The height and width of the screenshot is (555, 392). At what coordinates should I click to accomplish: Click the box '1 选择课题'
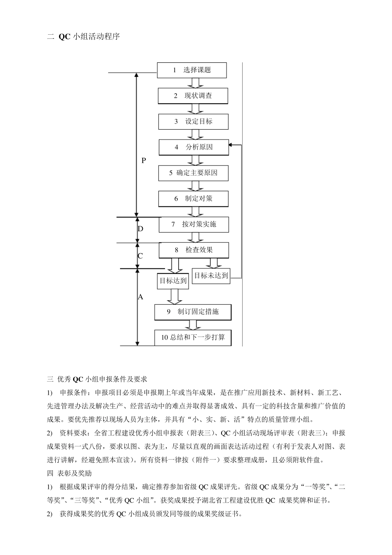click(192, 70)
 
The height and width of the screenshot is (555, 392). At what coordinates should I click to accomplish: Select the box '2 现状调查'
click(193, 96)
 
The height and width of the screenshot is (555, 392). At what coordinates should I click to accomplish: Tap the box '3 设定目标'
click(193, 121)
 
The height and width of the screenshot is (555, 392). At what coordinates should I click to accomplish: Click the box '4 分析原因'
click(194, 147)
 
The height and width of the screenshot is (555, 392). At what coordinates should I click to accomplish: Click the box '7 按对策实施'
click(194, 224)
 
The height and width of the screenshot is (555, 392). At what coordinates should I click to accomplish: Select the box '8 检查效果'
click(194, 250)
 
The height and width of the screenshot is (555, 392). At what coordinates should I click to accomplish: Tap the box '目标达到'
click(173, 281)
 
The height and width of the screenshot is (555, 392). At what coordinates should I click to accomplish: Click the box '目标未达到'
click(211, 275)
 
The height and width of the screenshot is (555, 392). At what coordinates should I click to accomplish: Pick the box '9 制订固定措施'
click(193, 312)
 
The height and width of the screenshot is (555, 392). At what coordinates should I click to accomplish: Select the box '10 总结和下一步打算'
click(193, 337)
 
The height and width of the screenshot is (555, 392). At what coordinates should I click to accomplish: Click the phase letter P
click(144, 161)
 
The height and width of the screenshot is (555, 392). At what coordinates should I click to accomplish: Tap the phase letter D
click(140, 229)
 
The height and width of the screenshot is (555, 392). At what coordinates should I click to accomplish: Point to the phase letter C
click(140, 256)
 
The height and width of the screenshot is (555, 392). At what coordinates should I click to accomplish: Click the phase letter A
click(140, 297)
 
